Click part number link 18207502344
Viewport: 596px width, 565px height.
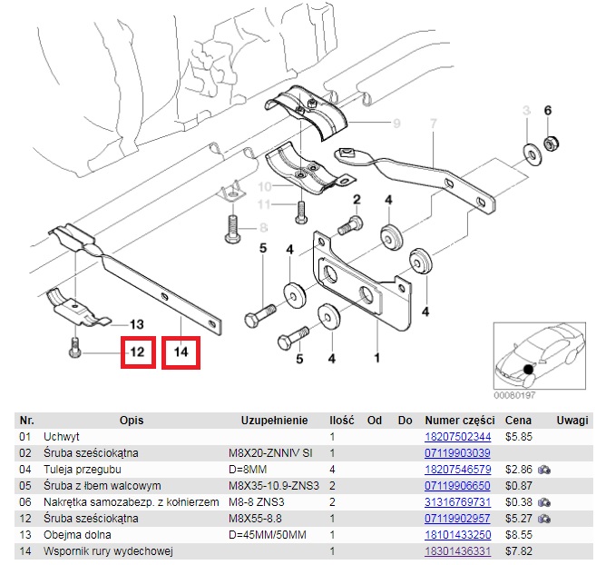point(459,437)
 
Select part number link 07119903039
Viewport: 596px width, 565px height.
point(459,453)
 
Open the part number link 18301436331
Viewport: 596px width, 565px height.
point(459,551)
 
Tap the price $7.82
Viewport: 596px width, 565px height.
point(518,551)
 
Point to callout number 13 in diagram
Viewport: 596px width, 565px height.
point(136,324)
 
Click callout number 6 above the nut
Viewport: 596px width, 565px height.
point(548,111)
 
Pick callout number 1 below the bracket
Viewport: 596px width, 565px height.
point(376,346)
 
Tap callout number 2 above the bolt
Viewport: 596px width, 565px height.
point(357,200)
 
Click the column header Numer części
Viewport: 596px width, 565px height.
point(459,421)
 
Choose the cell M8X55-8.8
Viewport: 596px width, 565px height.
point(257,519)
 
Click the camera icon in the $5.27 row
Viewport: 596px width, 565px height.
point(544,519)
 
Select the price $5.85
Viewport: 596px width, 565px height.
point(518,437)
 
